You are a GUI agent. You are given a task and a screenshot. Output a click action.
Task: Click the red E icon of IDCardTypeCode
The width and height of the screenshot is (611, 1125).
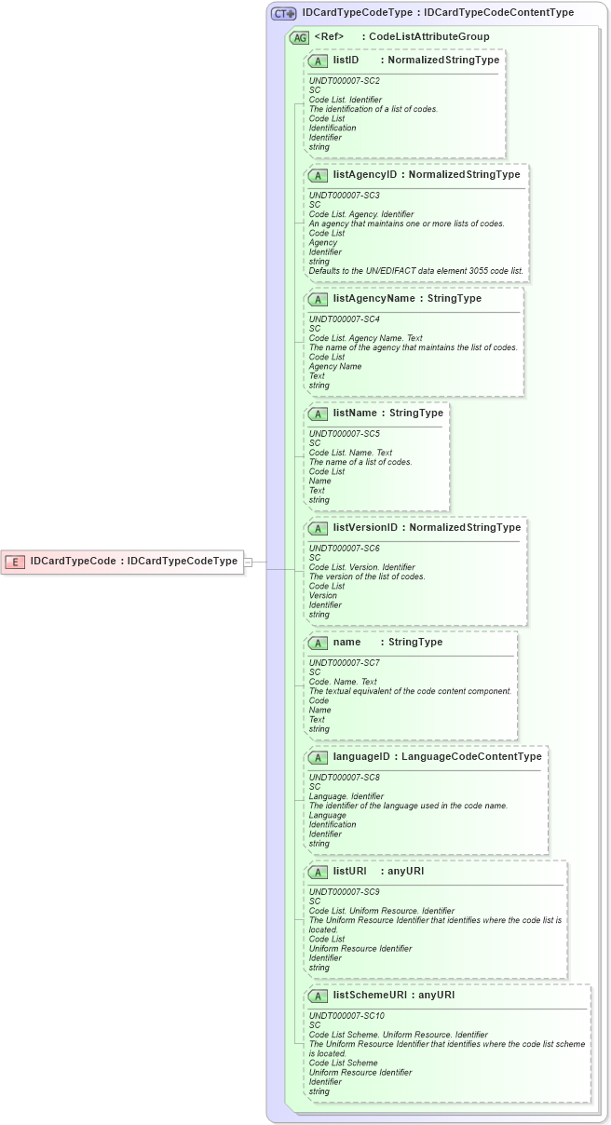15,562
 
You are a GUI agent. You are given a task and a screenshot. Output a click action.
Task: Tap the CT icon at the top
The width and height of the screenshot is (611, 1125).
283,13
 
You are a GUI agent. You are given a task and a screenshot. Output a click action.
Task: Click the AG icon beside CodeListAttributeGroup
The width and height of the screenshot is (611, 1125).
300,37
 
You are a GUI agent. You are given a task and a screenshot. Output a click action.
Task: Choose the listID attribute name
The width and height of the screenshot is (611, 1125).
346,60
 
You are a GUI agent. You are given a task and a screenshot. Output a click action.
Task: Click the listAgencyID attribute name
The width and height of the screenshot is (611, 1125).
365,174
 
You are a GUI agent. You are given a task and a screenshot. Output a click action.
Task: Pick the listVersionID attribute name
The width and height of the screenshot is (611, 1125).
365,527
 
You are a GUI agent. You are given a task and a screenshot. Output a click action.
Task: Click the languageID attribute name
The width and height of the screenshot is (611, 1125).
361,757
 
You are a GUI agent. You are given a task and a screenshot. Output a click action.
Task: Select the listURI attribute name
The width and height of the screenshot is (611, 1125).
349,872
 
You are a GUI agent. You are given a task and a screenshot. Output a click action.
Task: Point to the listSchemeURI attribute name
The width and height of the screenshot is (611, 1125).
370,995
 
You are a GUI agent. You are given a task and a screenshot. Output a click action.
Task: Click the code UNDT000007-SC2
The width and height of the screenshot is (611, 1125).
344,81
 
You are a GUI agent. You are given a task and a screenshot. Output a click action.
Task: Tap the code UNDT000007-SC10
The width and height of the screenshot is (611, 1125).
346,1016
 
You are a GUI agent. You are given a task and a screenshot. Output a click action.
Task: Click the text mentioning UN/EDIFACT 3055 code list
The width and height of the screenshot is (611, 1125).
415,271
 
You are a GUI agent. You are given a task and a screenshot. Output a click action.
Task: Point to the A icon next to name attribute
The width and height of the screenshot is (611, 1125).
318,643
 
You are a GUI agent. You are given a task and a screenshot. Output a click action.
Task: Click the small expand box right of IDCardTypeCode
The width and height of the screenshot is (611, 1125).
249,562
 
